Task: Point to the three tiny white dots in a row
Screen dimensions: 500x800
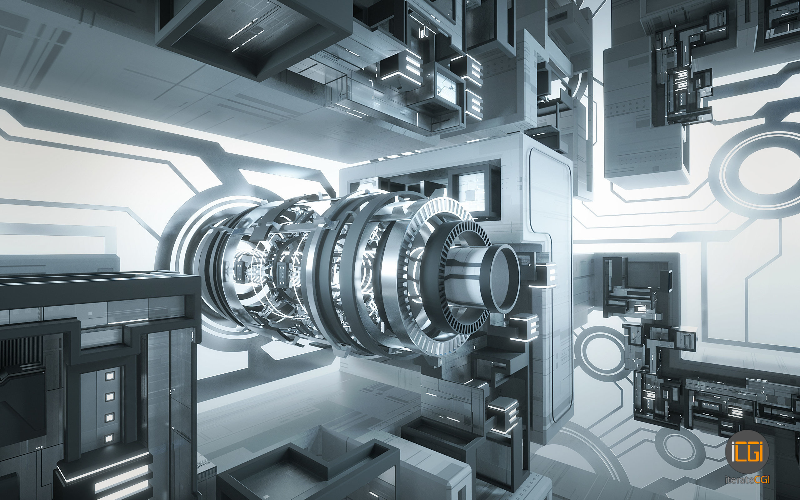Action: tap(39, 447)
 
